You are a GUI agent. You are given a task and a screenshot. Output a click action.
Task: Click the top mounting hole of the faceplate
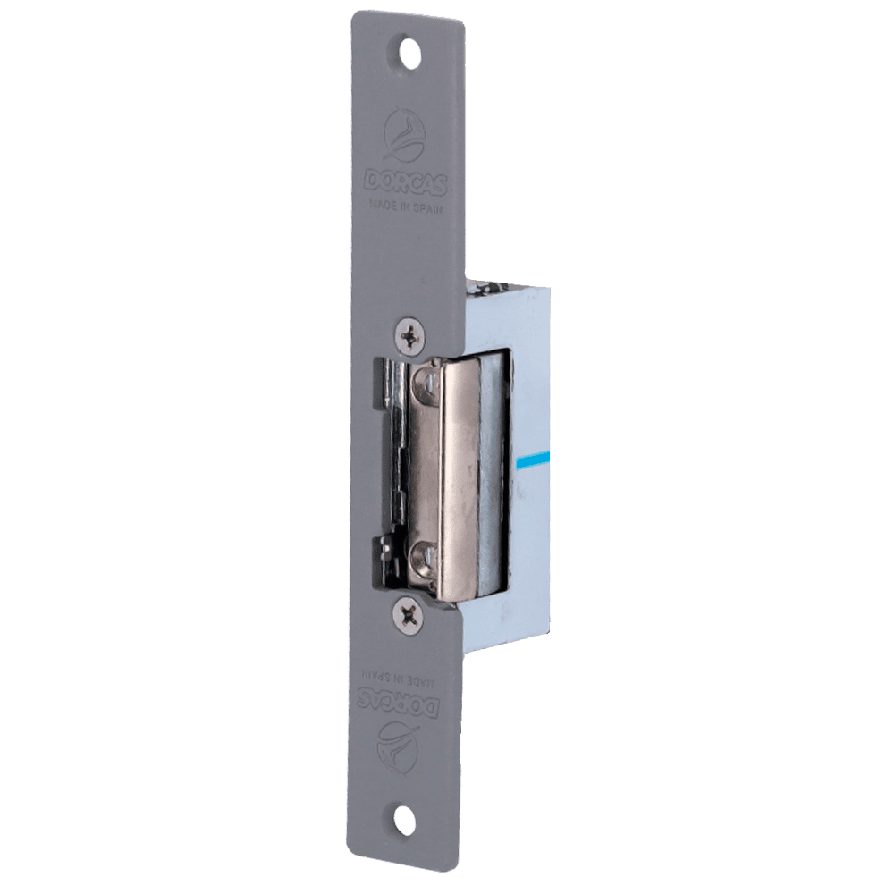410,55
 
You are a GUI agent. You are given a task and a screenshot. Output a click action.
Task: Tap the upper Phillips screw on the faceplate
411,339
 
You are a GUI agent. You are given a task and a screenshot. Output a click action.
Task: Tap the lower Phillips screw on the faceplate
409,615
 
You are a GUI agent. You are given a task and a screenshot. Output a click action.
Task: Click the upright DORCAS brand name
405,181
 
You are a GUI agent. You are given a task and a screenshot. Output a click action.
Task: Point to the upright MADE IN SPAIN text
405,206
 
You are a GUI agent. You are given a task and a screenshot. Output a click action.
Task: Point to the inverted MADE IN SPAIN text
399,677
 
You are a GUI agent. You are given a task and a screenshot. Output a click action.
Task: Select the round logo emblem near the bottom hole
397,744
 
